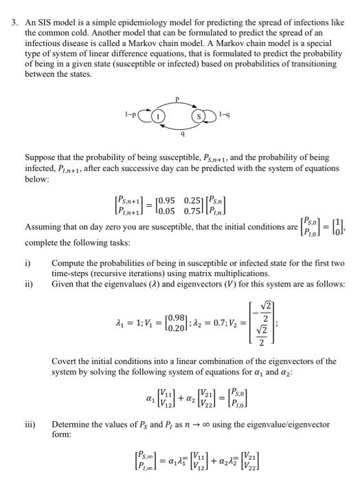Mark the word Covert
[65, 361]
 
